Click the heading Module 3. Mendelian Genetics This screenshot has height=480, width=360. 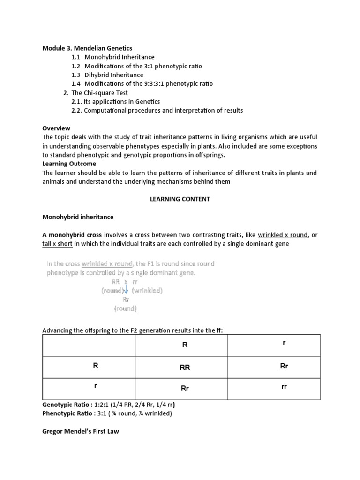(x=87, y=48)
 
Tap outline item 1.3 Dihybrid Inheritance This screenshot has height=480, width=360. (x=114, y=75)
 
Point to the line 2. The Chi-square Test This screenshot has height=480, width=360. (x=96, y=93)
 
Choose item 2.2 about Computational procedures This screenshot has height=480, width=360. (x=157, y=111)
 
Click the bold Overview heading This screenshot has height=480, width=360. (x=56, y=128)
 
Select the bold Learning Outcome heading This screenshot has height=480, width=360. (x=69, y=164)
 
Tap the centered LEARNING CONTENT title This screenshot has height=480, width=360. (x=180, y=199)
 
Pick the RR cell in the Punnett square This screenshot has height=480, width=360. (x=185, y=368)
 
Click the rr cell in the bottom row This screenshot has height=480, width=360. (x=284, y=387)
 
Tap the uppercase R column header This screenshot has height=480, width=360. (x=185, y=345)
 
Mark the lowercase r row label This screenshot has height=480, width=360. (x=95, y=386)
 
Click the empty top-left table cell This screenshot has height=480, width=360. (x=89, y=345)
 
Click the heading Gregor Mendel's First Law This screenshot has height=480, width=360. (x=81, y=431)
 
